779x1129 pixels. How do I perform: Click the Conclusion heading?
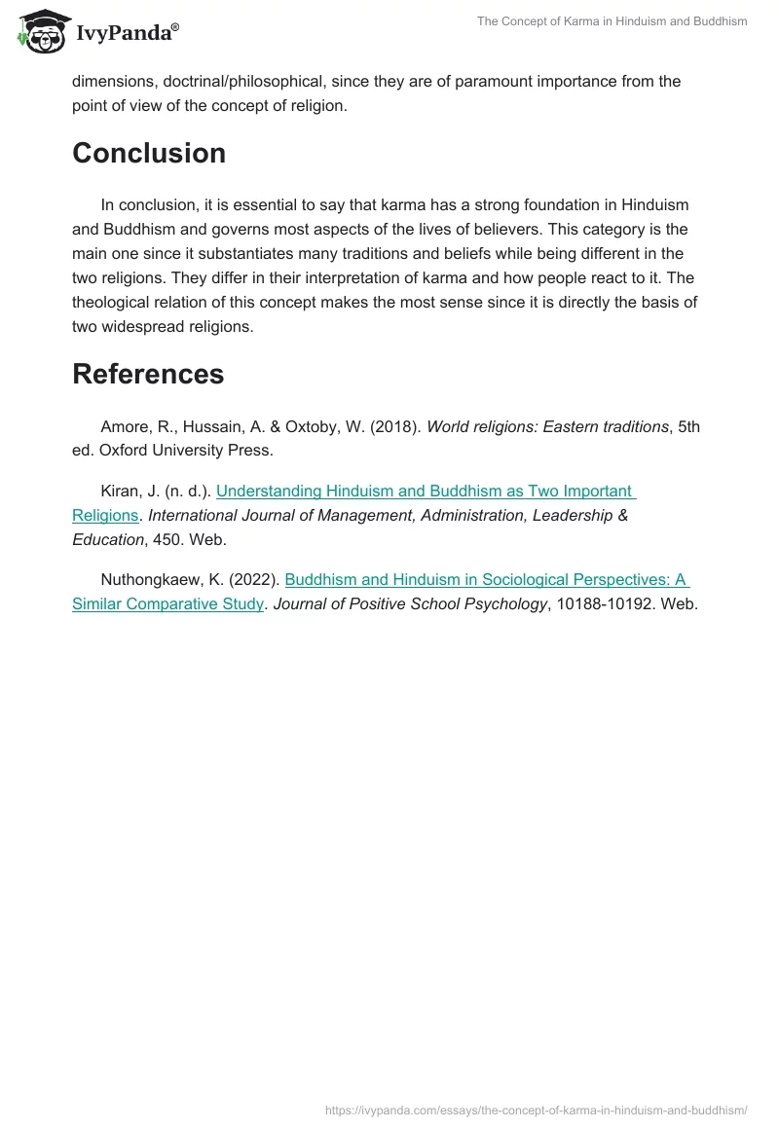149,154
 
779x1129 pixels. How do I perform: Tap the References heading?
148,375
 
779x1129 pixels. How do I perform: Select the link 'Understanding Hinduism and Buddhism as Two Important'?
425,492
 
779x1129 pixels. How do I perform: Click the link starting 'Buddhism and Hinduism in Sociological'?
486,580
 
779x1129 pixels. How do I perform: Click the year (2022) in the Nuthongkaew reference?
255,580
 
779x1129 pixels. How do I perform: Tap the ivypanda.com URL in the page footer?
536,1110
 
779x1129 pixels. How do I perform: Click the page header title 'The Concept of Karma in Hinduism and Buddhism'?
612,21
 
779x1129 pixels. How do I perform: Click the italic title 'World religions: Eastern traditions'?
548,427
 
